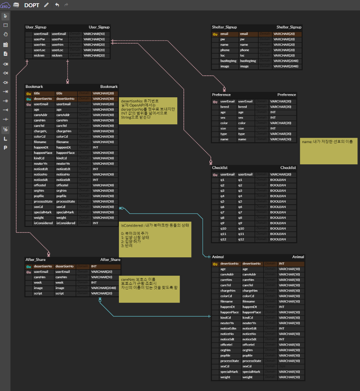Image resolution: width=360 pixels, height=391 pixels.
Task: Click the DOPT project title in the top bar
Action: [32, 5]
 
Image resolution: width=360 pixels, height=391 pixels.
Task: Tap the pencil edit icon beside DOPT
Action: [46, 5]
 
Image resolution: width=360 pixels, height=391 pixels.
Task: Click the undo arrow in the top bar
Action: [57, 5]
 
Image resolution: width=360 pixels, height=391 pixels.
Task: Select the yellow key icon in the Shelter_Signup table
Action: [215, 34]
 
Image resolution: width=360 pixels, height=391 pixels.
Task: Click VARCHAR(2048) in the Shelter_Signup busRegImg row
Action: [286, 61]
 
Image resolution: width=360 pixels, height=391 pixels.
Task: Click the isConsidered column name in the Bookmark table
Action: [43, 223]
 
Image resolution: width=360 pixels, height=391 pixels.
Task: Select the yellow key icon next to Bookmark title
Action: [28, 93]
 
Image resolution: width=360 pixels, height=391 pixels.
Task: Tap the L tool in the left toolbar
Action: [5, 138]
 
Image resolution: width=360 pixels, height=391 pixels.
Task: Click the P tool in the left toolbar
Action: [5, 148]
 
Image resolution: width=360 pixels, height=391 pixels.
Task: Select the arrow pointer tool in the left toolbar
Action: [5, 16]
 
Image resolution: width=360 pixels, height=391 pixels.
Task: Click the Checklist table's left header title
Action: [220, 168]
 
